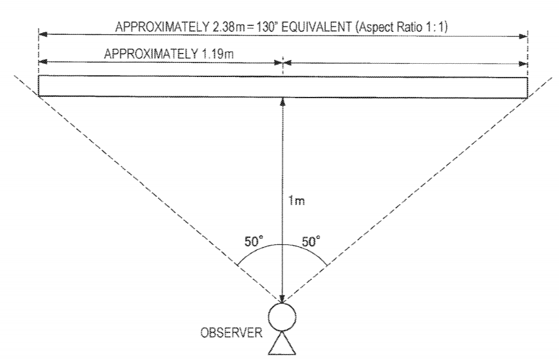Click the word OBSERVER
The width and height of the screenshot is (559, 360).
coord(231,333)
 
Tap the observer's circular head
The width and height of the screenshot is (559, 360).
coord(282,317)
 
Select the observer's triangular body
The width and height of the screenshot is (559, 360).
coord(282,343)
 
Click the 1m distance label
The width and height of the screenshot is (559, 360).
coord(296,201)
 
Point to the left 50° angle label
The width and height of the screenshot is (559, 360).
coord(254,241)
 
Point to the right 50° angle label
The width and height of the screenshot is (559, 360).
coord(311,241)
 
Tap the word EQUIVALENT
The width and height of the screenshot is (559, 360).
coord(317,27)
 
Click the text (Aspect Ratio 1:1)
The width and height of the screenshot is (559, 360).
coord(401,27)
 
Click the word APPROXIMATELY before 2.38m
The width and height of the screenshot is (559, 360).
coord(162,27)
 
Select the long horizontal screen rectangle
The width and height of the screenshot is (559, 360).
coord(283,87)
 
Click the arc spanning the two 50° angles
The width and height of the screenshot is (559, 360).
coord(283,245)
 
